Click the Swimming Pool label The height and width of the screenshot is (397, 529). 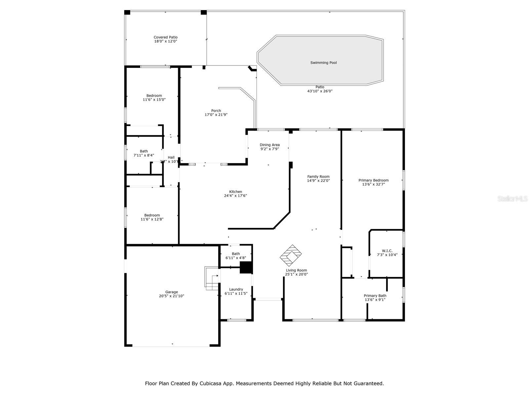point(323,63)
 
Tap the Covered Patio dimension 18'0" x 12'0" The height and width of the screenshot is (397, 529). point(165,41)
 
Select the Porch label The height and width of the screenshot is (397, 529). point(216,111)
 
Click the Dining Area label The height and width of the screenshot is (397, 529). point(269,145)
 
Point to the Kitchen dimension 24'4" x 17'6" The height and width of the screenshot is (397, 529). point(235,196)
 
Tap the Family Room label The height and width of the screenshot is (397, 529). point(318,177)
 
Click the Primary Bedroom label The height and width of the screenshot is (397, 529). point(373,180)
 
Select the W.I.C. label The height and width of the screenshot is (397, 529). point(387,251)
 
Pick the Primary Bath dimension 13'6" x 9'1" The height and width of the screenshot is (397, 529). point(375,300)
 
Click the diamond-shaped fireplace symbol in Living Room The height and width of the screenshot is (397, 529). point(291,255)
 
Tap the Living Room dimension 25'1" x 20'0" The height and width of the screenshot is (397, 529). point(297,274)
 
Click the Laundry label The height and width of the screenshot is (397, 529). point(236,289)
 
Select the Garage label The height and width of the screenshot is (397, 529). point(172,292)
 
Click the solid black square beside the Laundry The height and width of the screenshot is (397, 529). point(246,267)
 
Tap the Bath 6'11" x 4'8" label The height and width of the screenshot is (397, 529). point(236,254)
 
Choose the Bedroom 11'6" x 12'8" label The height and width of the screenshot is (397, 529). point(152,215)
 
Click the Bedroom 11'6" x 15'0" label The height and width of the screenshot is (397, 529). point(154,96)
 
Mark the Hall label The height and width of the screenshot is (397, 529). point(171,157)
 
